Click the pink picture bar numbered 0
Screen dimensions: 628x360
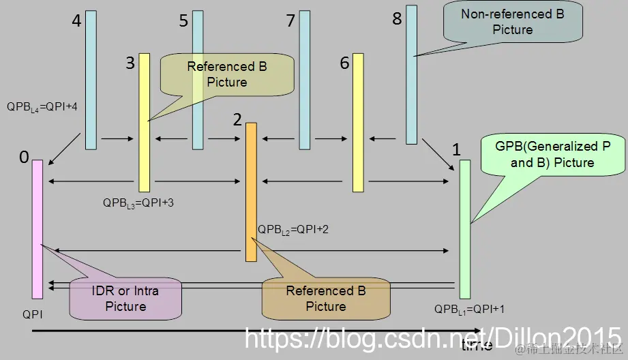click(38, 228)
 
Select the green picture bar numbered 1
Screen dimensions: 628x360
click(465, 228)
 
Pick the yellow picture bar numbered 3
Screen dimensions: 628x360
click(144, 123)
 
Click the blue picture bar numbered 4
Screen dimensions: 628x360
click(91, 79)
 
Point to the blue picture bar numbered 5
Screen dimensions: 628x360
click(198, 79)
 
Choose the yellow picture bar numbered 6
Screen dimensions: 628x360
click(358, 123)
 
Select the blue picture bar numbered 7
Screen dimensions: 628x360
click(305, 79)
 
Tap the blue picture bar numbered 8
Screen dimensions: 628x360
click(411, 75)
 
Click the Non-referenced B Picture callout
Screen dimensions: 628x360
click(512, 22)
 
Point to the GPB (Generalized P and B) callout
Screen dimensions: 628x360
click(552, 155)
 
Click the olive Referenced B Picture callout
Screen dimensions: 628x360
click(227, 74)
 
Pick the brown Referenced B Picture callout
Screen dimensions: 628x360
click(326, 299)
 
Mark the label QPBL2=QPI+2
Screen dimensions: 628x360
click(293, 229)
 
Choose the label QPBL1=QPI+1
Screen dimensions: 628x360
click(470, 308)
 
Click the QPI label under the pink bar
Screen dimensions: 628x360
click(31, 315)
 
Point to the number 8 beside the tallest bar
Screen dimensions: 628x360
click(397, 18)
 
